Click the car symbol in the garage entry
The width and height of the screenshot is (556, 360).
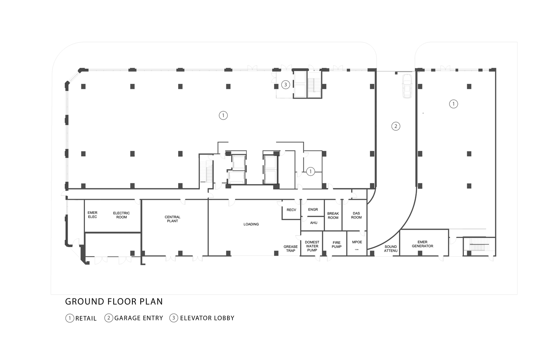point(407,86)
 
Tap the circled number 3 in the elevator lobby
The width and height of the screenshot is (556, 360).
point(285,85)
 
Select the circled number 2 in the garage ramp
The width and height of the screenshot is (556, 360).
point(396,126)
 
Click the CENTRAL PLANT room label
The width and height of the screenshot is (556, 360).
point(172,219)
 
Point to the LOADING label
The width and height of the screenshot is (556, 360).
point(251,224)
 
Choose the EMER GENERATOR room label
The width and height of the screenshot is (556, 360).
point(422,244)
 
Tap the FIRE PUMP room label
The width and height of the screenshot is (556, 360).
point(336,244)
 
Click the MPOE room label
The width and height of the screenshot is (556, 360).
point(357,242)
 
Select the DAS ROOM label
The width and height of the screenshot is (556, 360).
point(356,215)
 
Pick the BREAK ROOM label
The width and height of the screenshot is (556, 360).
point(333,216)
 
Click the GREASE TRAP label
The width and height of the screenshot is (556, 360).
point(290,248)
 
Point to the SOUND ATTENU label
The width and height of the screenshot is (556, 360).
point(390,248)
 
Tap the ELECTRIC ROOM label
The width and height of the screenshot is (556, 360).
point(121,215)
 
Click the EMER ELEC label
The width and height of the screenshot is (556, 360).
point(92,215)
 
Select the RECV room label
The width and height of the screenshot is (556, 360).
point(291,210)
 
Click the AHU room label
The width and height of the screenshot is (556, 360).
point(314,223)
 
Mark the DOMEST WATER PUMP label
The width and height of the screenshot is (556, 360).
point(312,246)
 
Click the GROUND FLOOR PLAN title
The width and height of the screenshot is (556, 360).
point(114,301)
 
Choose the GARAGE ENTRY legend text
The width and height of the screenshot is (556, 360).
point(139,318)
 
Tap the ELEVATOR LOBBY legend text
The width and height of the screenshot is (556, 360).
point(207,318)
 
